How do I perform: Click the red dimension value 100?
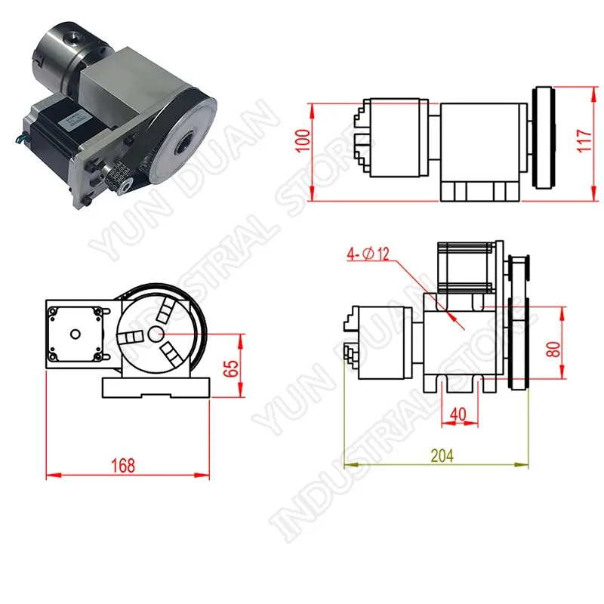pyautogui.click(x=304, y=140)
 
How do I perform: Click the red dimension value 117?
pyautogui.click(x=584, y=140)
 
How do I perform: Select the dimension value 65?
pyautogui.click(x=231, y=368)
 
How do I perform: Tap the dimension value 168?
pyautogui.click(x=123, y=466)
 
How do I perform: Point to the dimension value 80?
pyautogui.click(x=553, y=350)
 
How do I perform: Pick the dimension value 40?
pyautogui.click(x=458, y=414)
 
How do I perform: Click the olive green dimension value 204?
pyautogui.click(x=442, y=456)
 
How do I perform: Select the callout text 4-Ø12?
pyautogui.click(x=368, y=254)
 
